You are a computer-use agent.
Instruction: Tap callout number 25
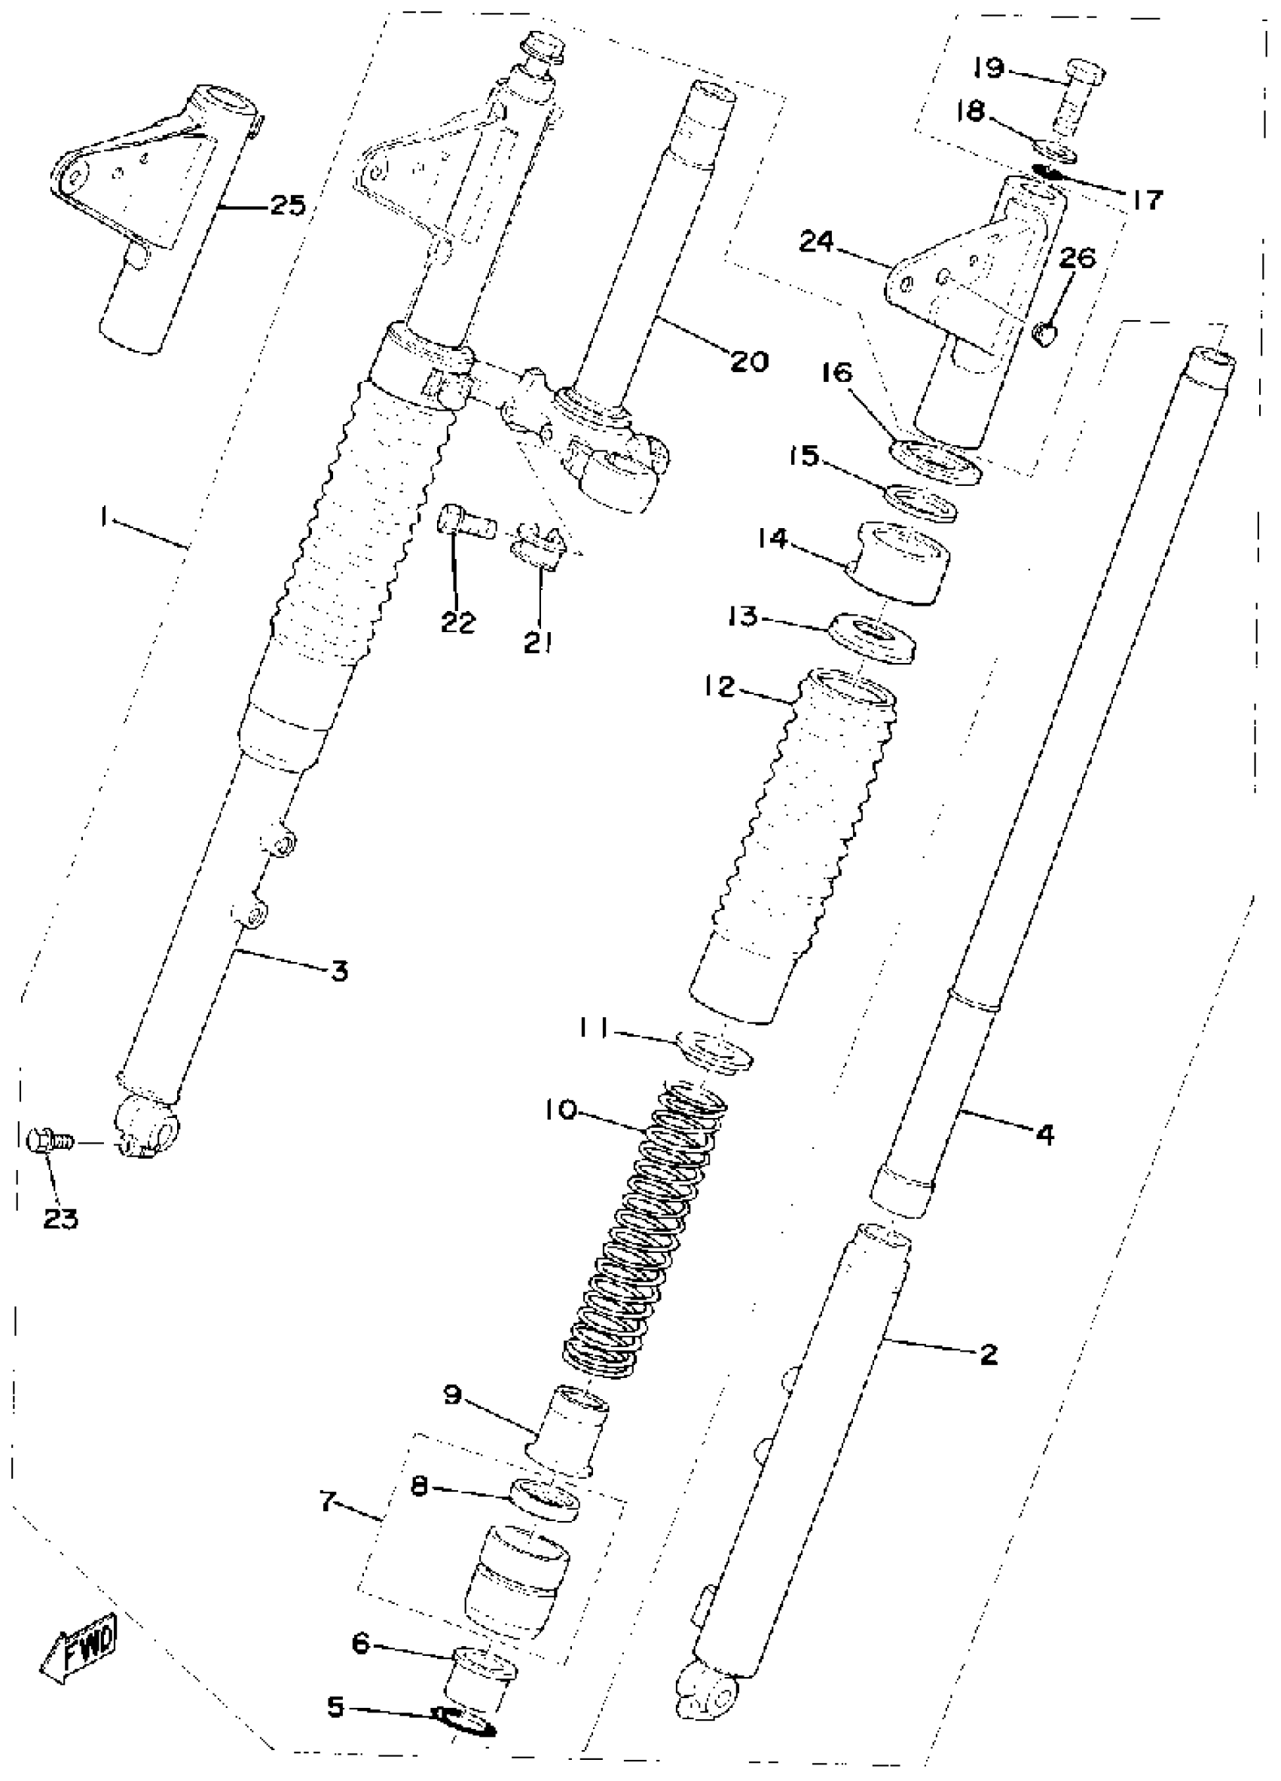(286, 206)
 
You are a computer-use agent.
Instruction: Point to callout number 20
(749, 362)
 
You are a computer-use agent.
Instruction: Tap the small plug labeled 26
(1044, 336)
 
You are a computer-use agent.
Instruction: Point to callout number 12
(719, 687)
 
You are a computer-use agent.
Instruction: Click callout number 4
(1044, 1134)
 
